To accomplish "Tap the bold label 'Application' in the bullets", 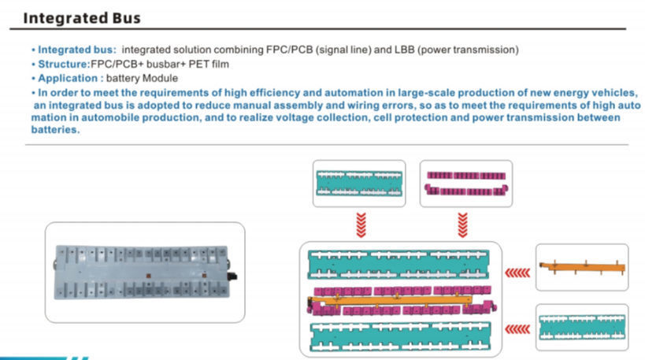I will pyautogui.click(x=66, y=79).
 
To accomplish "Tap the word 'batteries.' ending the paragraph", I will pyautogui.click(x=57, y=131).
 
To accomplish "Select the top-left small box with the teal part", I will pyautogui.click(x=359, y=184).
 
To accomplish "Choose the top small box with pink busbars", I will pyautogui.click(x=465, y=184).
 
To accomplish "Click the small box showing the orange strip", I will pyautogui.click(x=581, y=268).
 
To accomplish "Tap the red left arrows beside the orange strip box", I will pyautogui.click(x=516, y=273).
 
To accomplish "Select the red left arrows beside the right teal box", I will pyautogui.click(x=516, y=328).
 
